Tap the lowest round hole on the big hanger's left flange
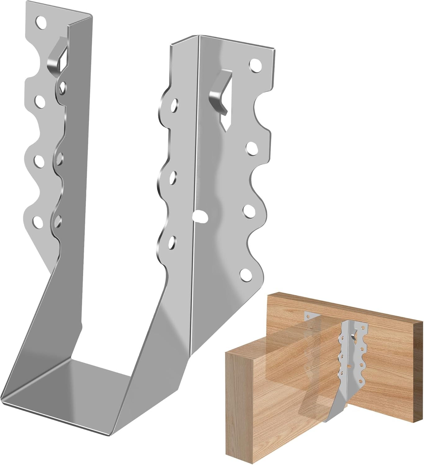pyautogui.click(x=38, y=221)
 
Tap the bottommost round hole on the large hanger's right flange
pyautogui.click(x=246, y=274)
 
